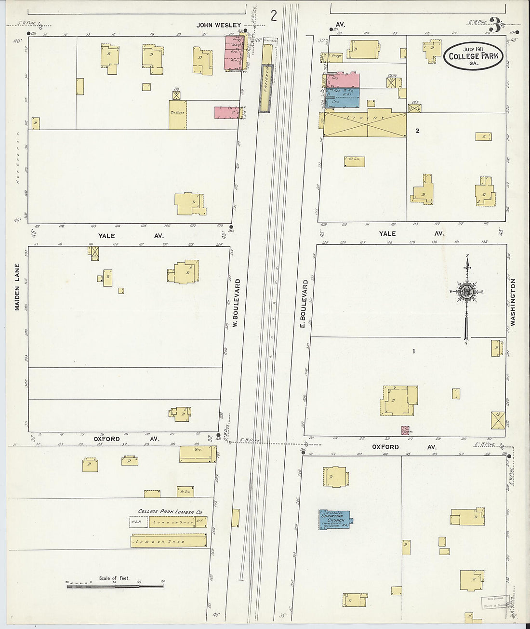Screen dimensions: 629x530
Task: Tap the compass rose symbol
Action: click(466, 292)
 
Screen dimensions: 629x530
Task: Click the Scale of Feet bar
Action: click(115, 586)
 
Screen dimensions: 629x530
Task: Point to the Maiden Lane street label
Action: click(17, 286)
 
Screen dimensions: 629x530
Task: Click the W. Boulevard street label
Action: click(236, 303)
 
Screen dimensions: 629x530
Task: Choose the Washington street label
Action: click(513, 302)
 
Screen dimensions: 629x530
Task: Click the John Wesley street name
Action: click(218, 25)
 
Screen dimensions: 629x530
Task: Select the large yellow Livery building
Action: click(364, 125)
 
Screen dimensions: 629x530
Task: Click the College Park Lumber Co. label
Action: click(170, 512)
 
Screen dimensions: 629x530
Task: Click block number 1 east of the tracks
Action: click(413, 351)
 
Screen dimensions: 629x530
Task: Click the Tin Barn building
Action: click(177, 114)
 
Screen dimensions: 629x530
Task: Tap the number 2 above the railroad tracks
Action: click(274, 16)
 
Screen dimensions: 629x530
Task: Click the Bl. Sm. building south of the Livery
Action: click(355, 162)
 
